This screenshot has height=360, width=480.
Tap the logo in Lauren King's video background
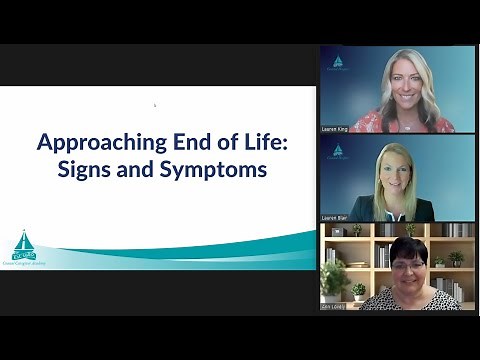[338, 65]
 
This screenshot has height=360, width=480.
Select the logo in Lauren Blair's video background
[338, 152]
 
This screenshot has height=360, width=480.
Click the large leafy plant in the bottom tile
[333, 276]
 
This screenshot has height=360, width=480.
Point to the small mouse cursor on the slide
[154, 104]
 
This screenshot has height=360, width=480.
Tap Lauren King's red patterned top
[400, 122]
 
